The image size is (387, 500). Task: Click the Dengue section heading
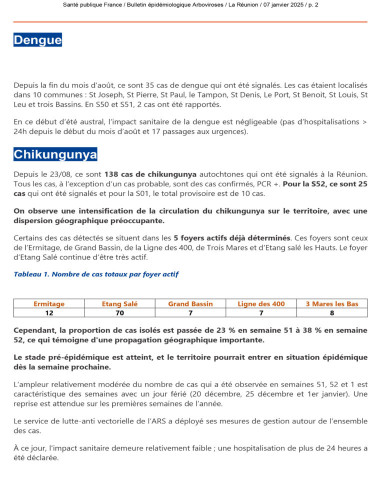pyautogui.click(x=37, y=40)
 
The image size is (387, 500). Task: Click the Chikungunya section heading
pyautogui.click(x=55, y=154)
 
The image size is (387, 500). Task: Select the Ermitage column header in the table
pyautogui.click(x=49, y=303)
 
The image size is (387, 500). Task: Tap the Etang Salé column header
pyautogui.click(x=119, y=303)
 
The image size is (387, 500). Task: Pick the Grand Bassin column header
pyautogui.click(x=190, y=303)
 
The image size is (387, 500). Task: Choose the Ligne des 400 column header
pyautogui.click(x=261, y=303)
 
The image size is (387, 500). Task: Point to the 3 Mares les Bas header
pyautogui.click(x=332, y=303)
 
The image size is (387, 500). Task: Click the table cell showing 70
pyautogui.click(x=119, y=313)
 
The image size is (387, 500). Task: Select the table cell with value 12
pyautogui.click(x=49, y=313)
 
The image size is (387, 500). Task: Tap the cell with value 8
pyautogui.click(x=332, y=313)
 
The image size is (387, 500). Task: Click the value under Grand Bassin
pyautogui.click(x=190, y=313)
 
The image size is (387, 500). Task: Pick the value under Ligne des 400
pyautogui.click(x=261, y=313)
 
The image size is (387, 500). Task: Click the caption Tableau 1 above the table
pyautogui.click(x=96, y=274)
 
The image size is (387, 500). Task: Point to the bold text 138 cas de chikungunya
pyautogui.click(x=150, y=174)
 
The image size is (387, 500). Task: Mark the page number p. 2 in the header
pyautogui.click(x=312, y=4)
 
